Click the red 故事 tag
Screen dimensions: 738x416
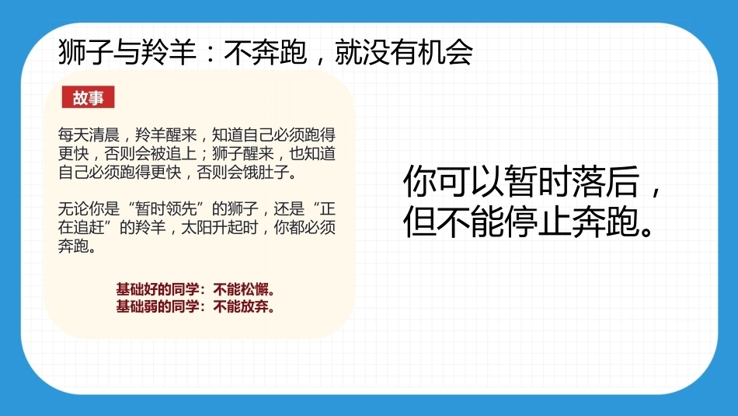point(88,97)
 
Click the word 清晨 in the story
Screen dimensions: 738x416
point(104,135)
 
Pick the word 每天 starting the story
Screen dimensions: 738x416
point(74,135)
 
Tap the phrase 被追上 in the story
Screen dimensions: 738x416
point(173,154)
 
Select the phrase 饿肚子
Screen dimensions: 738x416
point(266,172)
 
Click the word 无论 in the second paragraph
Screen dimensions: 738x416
point(74,208)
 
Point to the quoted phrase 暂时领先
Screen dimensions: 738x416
point(165,208)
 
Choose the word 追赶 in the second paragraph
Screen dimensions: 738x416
point(89,227)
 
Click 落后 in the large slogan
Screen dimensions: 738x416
point(606,181)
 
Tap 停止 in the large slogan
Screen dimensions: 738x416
point(538,221)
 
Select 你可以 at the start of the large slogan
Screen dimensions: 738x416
point(454,181)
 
